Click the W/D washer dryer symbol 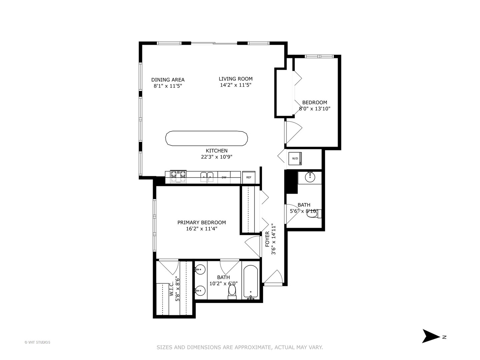click(295, 158)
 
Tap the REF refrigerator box click(249, 177)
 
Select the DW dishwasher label click(224, 177)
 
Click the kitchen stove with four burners click(178, 177)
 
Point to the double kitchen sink click(207, 176)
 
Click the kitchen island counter click(207, 138)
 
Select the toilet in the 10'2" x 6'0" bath click(232, 291)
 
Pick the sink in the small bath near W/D click(310, 177)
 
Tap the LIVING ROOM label click(235, 79)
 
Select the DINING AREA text click(168, 80)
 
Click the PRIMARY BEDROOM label click(201, 222)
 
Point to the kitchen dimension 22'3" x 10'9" click(216, 157)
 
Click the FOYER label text click(267, 239)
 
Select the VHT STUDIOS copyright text click(37, 342)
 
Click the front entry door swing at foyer click(274, 277)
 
